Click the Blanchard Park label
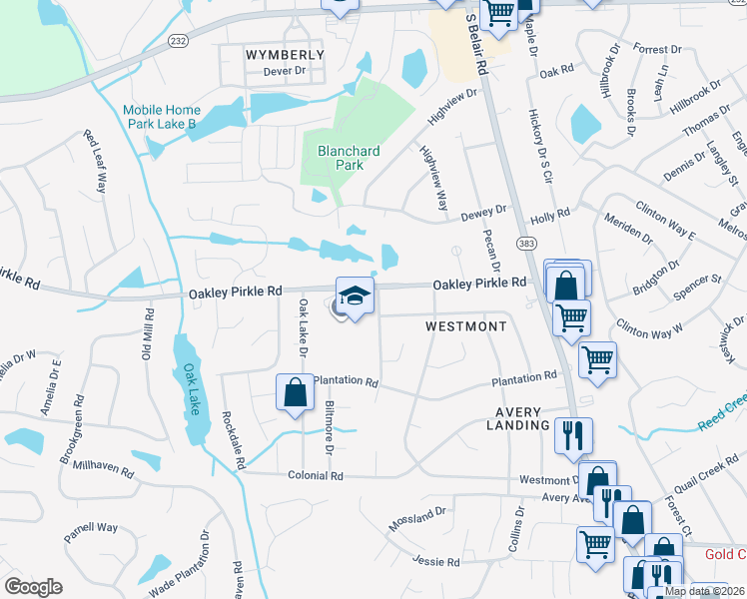point(348,158)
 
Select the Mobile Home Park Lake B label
point(162,117)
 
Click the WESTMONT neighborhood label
point(459,326)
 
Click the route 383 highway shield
point(525,243)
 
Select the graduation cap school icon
point(354,296)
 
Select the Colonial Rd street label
point(315,476)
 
